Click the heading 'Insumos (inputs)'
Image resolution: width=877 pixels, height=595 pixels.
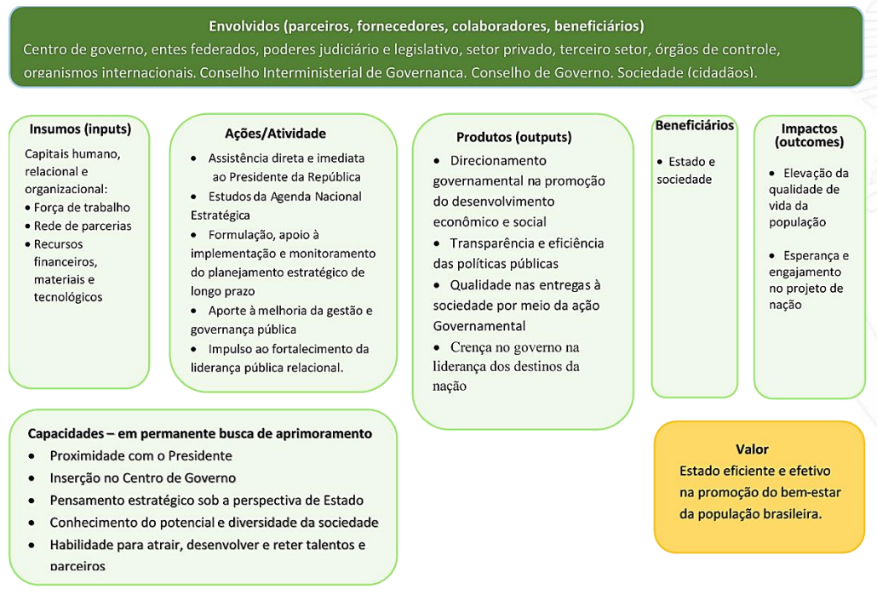coord(80,129)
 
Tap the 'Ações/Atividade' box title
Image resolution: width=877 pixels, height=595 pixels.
coord(275,134)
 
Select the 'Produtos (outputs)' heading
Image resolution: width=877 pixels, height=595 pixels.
coord(513,137)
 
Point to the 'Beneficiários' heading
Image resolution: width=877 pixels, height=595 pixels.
coord(694,125)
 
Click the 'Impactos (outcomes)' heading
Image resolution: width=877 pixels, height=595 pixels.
coord(809,135)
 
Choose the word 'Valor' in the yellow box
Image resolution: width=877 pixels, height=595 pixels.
coord(752,449)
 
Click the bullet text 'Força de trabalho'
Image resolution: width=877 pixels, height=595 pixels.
coord(83,208)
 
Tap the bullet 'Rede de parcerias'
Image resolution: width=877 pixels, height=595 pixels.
coord(83,226)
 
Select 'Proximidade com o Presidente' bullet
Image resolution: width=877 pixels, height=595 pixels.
coord(140,455)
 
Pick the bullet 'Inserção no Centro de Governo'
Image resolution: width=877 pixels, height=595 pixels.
coord(143,478)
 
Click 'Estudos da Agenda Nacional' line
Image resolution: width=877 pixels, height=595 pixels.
coord(284,197)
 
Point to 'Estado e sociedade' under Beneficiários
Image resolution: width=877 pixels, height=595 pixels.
coord(685,170)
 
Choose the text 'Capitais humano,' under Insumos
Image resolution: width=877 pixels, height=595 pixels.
coord(73,154)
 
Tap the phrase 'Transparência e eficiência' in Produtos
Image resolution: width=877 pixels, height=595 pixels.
coord(527,243)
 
